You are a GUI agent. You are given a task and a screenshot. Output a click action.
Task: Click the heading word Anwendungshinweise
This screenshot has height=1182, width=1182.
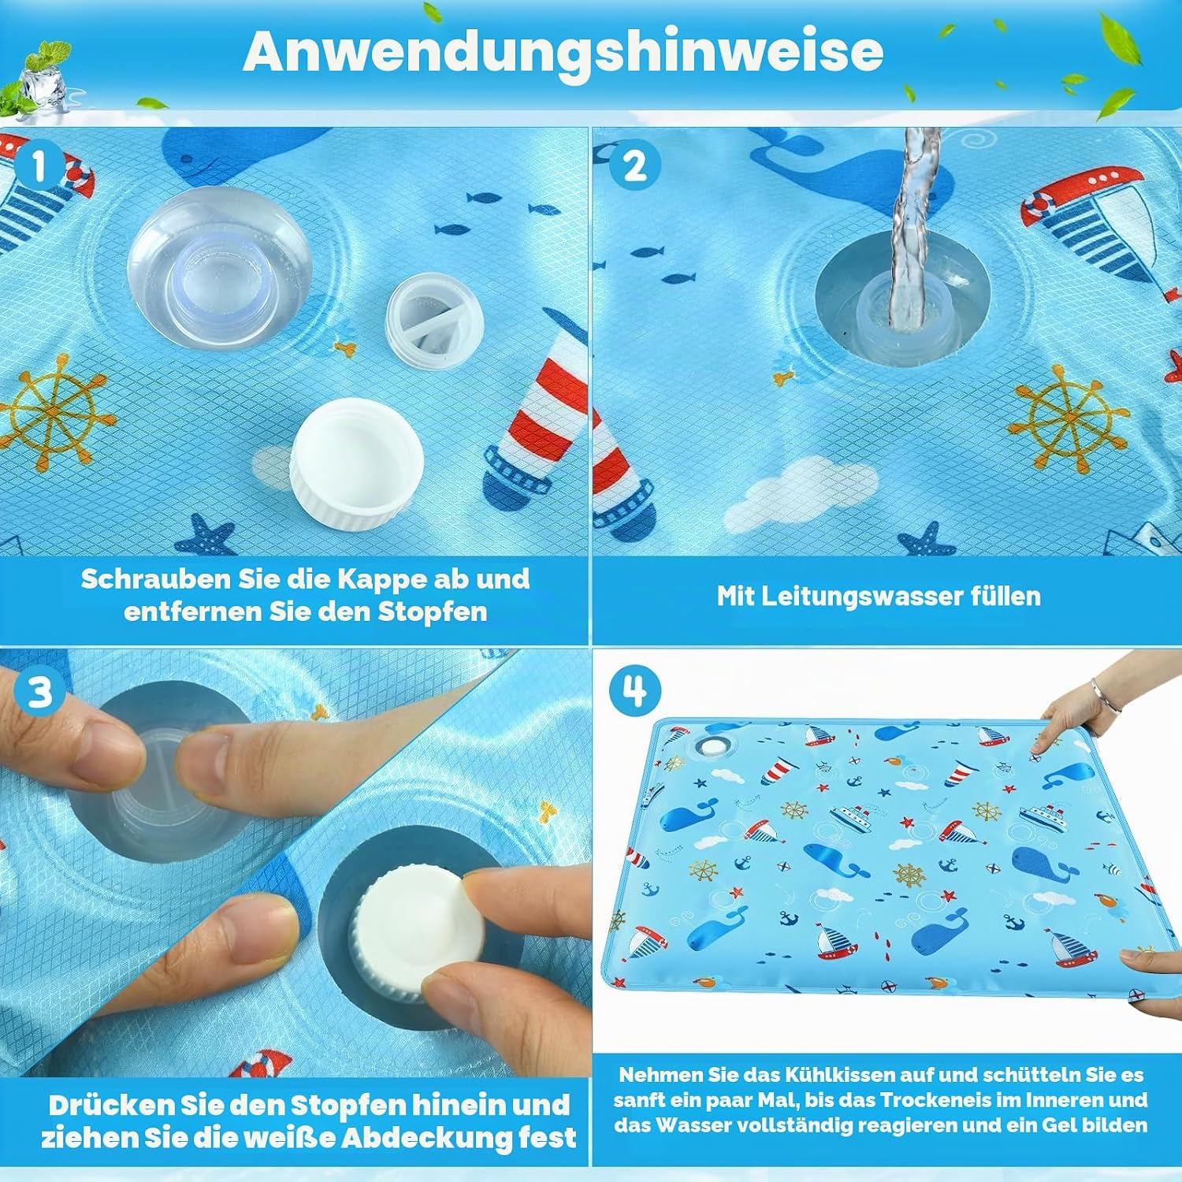pos(563,52)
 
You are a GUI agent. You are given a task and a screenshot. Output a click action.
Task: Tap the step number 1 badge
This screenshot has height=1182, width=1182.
pos(39,167)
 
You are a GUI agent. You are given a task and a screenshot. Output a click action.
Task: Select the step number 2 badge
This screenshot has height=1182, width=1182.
pos(634,166)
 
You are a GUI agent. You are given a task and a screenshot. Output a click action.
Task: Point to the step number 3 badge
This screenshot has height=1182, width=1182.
pos(39,692)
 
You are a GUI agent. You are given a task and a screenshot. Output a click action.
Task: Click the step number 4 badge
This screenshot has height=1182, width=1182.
pos(634,691)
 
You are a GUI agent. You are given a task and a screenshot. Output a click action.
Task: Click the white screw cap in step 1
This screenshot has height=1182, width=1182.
pos(357,463)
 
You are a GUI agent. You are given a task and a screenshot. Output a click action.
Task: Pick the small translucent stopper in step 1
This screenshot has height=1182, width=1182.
pos(434,320)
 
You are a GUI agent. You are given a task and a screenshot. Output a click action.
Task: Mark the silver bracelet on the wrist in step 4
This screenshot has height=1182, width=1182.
pos(1105,698)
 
